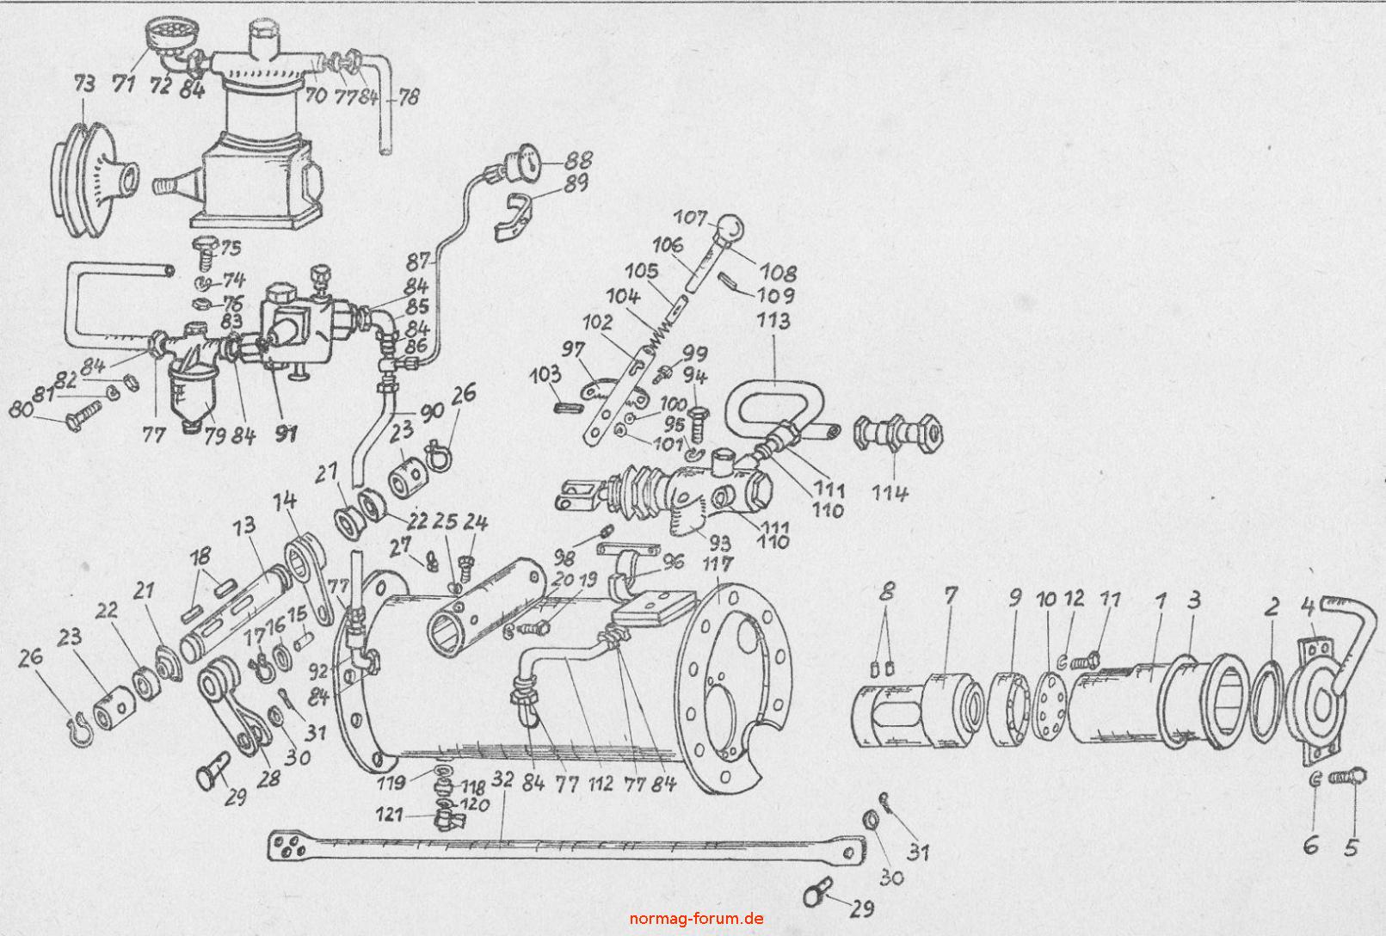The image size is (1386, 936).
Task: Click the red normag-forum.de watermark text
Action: [x=696, y=917]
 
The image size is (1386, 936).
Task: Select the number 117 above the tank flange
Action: [x=717, y=566]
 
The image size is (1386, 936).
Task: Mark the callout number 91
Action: [x=285, y=434]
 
